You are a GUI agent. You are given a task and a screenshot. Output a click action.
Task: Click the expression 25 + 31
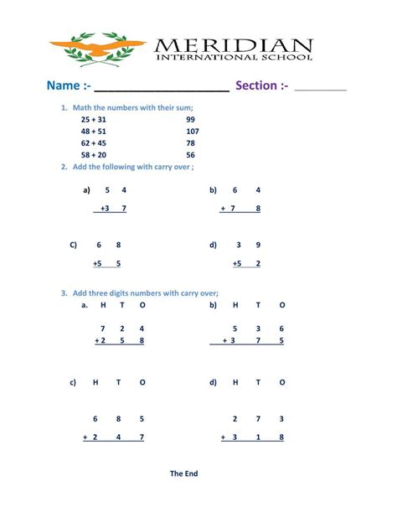point(94,120)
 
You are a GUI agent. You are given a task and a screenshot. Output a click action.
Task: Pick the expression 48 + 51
point(94,132)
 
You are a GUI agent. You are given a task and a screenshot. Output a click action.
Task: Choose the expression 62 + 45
point(94,143)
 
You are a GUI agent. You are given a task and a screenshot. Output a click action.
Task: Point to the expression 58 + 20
point(94,155)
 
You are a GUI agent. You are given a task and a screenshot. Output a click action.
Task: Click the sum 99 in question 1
point(191,120)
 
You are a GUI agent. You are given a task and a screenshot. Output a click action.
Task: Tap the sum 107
point(193,132)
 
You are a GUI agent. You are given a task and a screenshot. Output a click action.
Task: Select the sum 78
point(191,143)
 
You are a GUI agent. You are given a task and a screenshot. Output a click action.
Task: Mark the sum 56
point(191,155)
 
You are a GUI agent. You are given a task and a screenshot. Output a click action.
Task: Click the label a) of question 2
point(86,190)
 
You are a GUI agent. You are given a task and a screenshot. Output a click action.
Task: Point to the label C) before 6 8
point(74,245)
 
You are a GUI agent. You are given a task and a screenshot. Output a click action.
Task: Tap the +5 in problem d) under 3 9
point(237,263)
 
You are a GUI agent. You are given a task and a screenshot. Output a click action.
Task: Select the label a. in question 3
point(85,305)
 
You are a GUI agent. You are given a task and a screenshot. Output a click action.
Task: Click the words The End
point(183,473)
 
